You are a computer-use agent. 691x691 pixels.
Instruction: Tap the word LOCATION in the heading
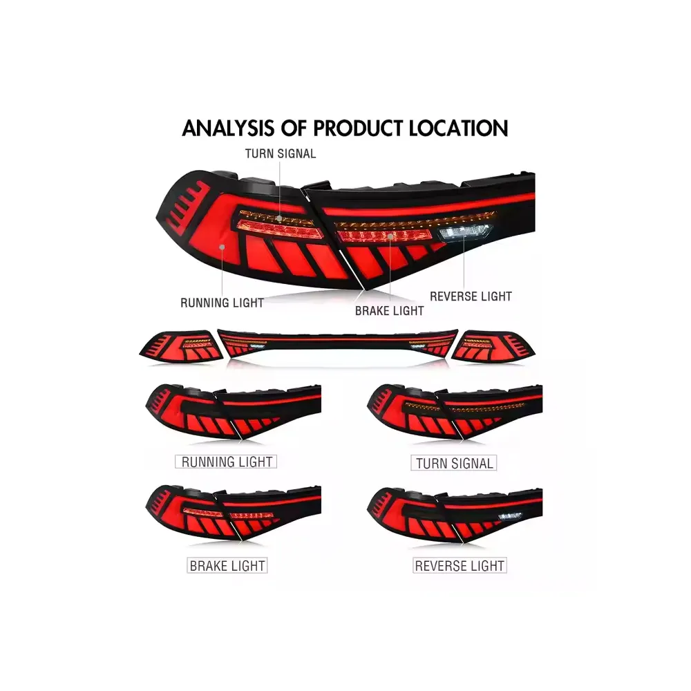pyautogui.click(x=458, y=129)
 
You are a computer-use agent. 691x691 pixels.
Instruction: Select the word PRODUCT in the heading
pyautogui.click(x=357, y=129)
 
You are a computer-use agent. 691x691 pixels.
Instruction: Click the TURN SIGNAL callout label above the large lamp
pyautogui.click(x=281, y=154)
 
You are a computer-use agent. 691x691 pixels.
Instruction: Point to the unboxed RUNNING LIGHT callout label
pyautogui.click(x=222, y=303)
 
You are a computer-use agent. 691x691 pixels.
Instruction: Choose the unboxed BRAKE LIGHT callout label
pyautogui.click(x=390, y=311)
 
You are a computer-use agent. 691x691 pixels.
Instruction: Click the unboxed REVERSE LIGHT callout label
pyautogui.click(x=471, y=296)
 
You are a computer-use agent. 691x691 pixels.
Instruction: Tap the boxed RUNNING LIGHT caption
pyautogui.click(x=226, y=462)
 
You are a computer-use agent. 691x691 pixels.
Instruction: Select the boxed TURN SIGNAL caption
pyautogui.click(x=454, y=463)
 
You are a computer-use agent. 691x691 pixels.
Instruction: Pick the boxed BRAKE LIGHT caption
pyautogui.click(x=227, y=565)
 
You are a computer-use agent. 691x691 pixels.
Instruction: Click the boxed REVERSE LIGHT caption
pyautogui.click(x=460, y=565)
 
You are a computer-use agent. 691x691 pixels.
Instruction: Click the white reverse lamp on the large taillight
pyautogui.click(x=464, y=232)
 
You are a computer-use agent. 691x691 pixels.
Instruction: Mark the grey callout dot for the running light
pyautogui.click(x=222, y=247)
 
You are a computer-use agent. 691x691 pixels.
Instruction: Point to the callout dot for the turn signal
pyautogui.click(x=280, y=218)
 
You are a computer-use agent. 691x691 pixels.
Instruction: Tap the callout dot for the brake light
pyautogui.click(x=390, y=236)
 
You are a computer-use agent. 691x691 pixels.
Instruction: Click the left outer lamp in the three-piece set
pyautogui.click(x=181, y=347)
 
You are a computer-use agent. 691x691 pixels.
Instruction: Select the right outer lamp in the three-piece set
pyautogui.click(x=493, y=347)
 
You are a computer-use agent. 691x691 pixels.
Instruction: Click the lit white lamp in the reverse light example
pyautogui.click(x=510, y=515)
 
